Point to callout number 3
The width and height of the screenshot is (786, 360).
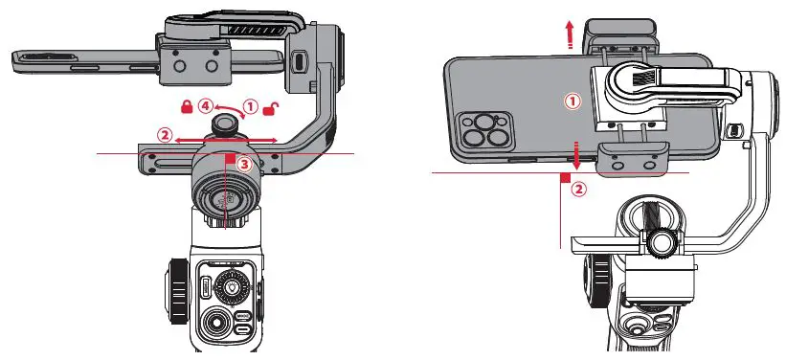(x=245, y=165)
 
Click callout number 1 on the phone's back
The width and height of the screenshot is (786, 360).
(x=573, y=99)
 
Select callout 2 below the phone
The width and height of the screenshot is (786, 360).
(x=577, y=189)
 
